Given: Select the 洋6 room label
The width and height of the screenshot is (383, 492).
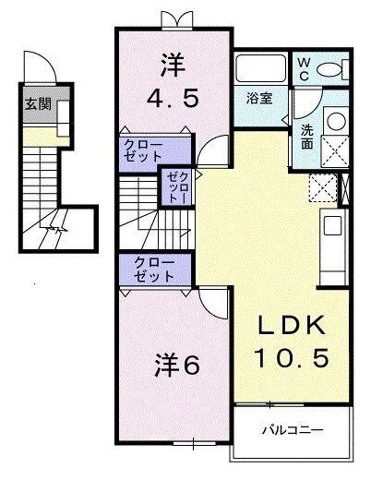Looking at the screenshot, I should (172, 365).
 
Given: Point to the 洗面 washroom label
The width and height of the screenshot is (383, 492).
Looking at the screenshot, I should (306, 137).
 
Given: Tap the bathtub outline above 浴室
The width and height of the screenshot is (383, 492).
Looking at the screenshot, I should (260, 70).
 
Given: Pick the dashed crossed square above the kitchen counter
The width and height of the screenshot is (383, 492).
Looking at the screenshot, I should (323, 187).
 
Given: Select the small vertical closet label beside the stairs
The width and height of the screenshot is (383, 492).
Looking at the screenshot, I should (175, 188).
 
